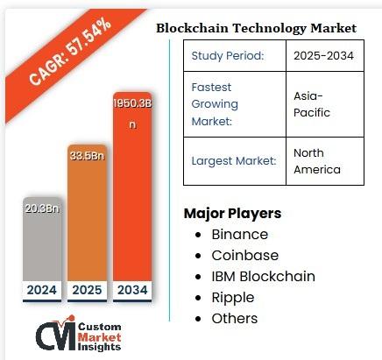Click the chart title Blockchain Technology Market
256,28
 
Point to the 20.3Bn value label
42,208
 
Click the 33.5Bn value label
88,157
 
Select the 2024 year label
42,289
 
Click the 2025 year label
88,289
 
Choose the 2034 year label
132,289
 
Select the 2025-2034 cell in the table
322,57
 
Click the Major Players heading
232,214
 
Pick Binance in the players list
239,235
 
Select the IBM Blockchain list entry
263,277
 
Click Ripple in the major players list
234,298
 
